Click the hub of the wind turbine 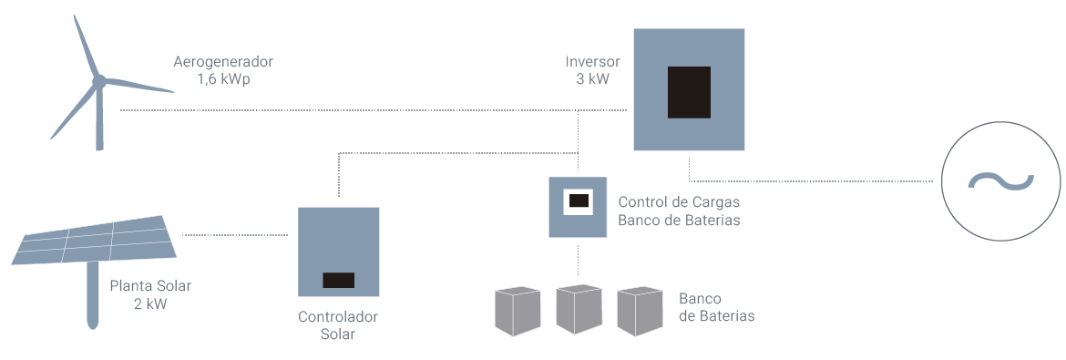pyautogui.click(x=98, y=82)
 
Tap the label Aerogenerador pyautogui.click(x=223, y=62)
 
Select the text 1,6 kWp pyautogui.click(x=223, y=79)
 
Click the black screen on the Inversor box pyautogui.click(x=689, y=92)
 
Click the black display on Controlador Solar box pyautogui.click(x=339, y=280)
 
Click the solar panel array pyautogui.click(x=95, y=240)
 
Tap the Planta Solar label pyautogui.click(x=150, y=286)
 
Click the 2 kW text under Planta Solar pyautogui.click(x=150, y=303)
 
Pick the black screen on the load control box pyautogui.click(x=579, y=201)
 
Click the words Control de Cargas pyautogui.click(x=679, y=203)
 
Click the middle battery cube pyautogui.click(x=579, y=310)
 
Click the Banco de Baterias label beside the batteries pyautogui.click(x=716, y=308)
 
